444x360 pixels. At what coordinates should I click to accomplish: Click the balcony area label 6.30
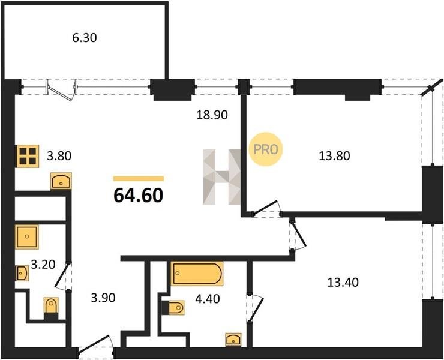[85, 38]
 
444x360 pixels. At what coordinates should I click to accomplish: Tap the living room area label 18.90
[212, 115]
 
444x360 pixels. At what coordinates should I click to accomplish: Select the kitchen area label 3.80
[59, 156]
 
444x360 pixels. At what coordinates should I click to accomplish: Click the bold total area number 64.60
[138, 196]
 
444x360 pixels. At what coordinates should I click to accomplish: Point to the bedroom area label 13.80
[334, 156]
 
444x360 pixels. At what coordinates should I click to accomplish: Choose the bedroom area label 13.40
[343, 283]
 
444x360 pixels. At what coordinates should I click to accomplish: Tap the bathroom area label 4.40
[208, 299]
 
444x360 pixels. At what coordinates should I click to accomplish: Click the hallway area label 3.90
[103, 298]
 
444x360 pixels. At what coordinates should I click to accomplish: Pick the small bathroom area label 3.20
[43, 265]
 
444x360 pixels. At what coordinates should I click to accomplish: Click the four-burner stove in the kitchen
[28, 156]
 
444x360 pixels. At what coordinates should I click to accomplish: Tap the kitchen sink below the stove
[61, 181]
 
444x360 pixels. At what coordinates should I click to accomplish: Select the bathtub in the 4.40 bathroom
[197, 274]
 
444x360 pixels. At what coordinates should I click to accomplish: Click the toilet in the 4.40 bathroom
[173, 308]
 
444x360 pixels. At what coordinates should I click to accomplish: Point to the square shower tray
[27, 237]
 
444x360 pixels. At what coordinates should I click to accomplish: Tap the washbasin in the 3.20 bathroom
[22, 273]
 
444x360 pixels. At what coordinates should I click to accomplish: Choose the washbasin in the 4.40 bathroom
[233, 340]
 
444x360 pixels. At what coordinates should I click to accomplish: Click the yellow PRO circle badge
[266, 149]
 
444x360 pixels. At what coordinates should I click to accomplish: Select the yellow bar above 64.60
[139, 178]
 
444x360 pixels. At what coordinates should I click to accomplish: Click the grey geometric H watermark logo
[222, 177]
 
